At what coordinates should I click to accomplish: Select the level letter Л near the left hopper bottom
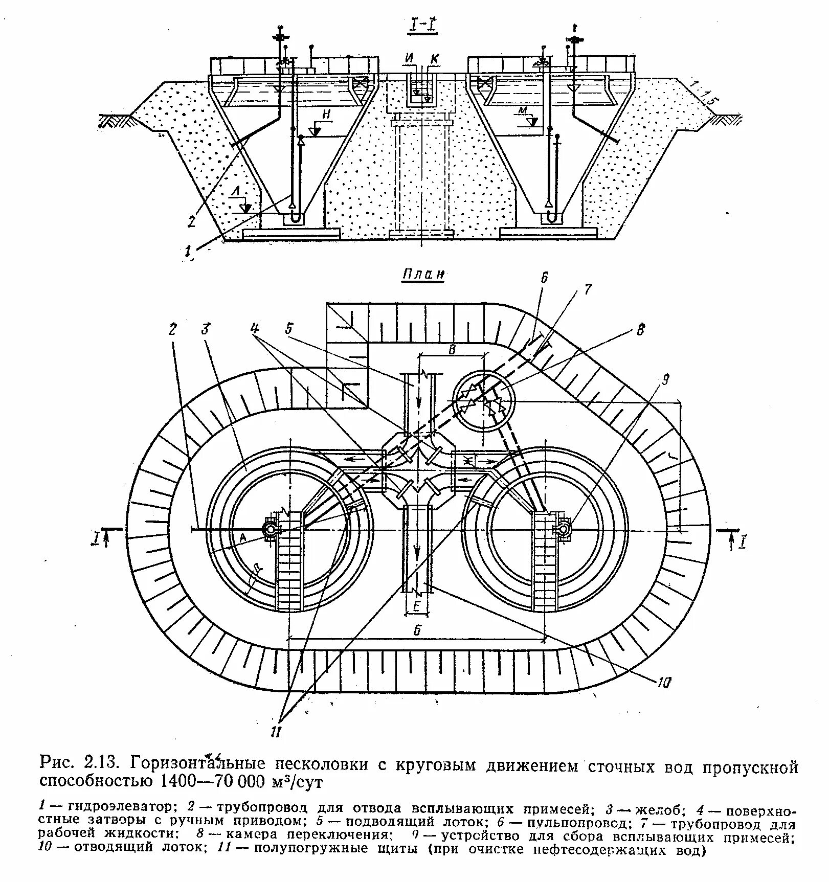(x=236, y=191)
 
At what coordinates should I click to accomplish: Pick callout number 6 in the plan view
(x=545, y=278)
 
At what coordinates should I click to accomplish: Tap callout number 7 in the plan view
(x=586, y=290)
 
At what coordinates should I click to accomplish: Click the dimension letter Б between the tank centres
(x=417, y=631)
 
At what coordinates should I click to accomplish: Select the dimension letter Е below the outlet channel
(x=417, y=606)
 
